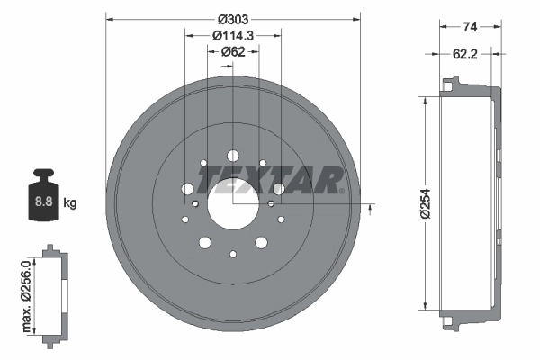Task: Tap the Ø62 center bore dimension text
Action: pos(233,51)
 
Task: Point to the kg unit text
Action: pos(70,203)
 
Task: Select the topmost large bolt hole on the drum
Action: pos(233,155)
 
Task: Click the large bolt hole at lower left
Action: pos(204,241)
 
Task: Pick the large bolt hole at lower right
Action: pos(262,241)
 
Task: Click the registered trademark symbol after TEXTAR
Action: pos(343,191)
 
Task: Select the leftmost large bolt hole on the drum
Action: pos(187,189)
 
